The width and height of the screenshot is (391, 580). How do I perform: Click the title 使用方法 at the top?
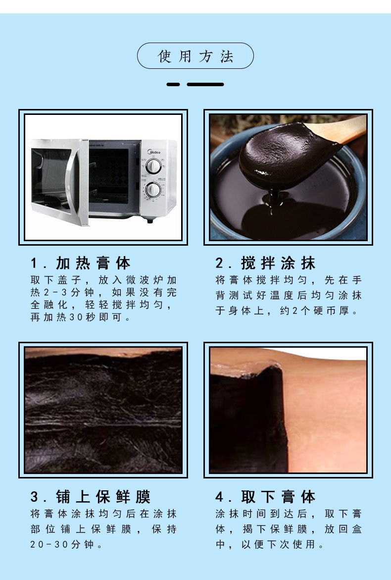pyautogui.click(x=195, y=56)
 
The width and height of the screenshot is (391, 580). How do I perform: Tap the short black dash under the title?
pyautogui.click(x=173, y=84)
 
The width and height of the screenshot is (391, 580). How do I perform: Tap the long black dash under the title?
pyautogui.click(x=205, y=84)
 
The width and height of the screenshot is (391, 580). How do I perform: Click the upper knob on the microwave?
pyautogui.click(x=153, y=165)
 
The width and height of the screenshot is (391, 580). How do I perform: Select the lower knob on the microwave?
pyautogui.click(x=153, y=189)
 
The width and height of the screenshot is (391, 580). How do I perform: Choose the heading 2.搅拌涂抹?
pyautogui.click(x=265, y=263)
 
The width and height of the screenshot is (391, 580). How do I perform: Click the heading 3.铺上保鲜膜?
pyautogui.click(x=91, y=497)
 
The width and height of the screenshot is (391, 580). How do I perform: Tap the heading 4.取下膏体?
pyautogui.click(x=265, y=497)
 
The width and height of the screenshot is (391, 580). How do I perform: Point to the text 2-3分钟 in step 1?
pyautogui.click(x=63, y=293)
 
